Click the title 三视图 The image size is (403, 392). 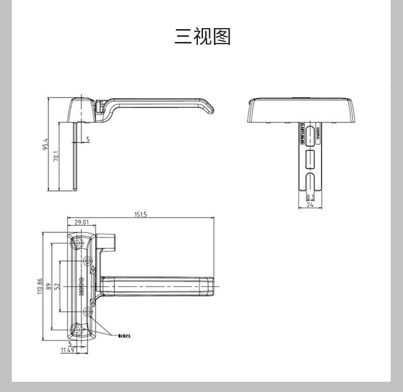[203, 37]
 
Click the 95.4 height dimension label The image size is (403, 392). [45, 145]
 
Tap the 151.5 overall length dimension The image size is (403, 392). [141, 215]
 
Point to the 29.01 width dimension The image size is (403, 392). [82, 222]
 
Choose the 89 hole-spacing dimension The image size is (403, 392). [49, 286]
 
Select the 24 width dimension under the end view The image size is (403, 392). [309, 205]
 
